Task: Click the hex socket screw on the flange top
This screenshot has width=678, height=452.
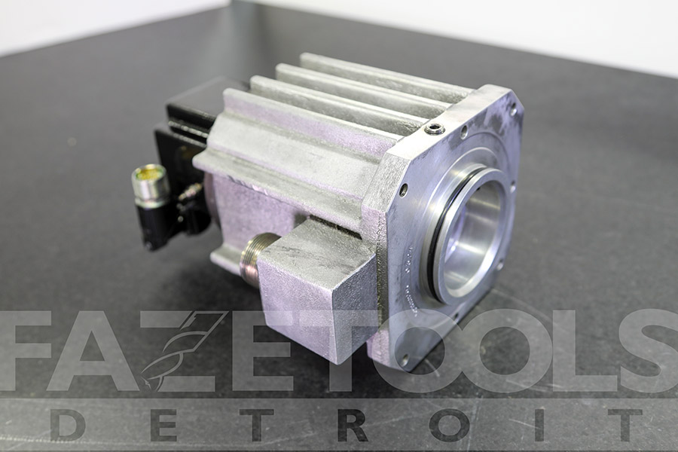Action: coord(435,128)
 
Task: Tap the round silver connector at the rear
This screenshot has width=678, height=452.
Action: coord(150,185)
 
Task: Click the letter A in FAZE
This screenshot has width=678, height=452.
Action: coord(92,350)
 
